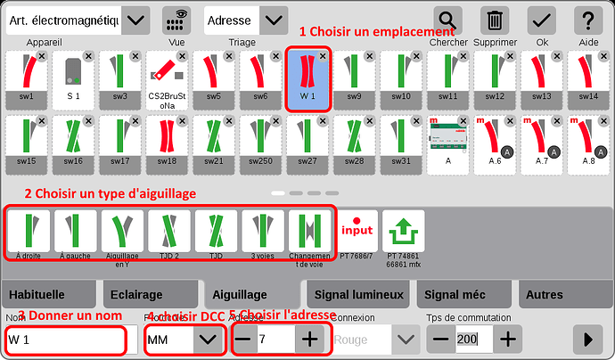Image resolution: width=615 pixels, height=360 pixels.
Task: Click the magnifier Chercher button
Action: [x=447, y=20]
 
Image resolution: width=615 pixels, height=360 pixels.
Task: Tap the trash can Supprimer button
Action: [x=495, y=20]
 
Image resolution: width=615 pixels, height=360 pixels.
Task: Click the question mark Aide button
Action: [x=588, y=20]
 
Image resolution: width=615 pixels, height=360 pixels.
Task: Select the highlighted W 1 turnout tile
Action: [x=308, y=78]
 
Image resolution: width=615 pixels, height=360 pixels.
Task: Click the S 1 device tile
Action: [x=74, y=78]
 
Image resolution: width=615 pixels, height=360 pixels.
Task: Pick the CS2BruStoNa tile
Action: [x=167, y=78]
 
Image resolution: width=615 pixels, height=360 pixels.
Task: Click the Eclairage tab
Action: [x=137, y=294]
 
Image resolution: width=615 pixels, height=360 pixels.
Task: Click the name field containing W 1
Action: [x=64, y=340]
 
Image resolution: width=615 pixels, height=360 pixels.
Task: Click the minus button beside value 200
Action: [x=440, y=340]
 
